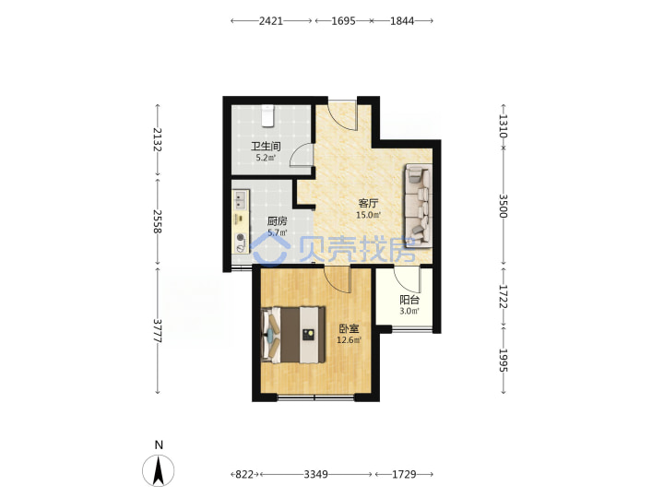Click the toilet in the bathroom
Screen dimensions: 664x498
tap(267, 115)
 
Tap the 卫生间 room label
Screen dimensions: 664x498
tap(266, 147)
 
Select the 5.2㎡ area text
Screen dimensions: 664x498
tap(266, 159)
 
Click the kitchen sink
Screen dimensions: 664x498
tap(241, 200)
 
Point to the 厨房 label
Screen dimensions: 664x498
tap(277, 221)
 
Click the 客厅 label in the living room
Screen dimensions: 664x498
tap(368, 203)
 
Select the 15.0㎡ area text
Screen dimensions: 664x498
tap(368, 215)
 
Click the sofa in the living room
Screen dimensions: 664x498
tap(419, 206)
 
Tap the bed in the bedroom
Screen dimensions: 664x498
tap(293, 335)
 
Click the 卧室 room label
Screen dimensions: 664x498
tap(349, 328)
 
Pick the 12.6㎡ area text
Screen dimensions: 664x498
tap(349, 340)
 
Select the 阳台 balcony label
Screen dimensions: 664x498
tap(409, 300)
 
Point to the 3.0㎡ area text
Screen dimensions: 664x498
tap(409, 312)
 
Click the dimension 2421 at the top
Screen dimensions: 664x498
tap(271, 20)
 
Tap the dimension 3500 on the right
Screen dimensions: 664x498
tap(504, 206)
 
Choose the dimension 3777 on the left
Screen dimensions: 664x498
tap(158, 331)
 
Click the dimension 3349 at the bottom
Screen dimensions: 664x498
tap(316, 474)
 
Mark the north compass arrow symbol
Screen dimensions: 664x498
tap(158, 470)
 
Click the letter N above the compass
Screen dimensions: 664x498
tap(159, 445)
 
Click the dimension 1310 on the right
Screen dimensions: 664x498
tap(504, 126)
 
